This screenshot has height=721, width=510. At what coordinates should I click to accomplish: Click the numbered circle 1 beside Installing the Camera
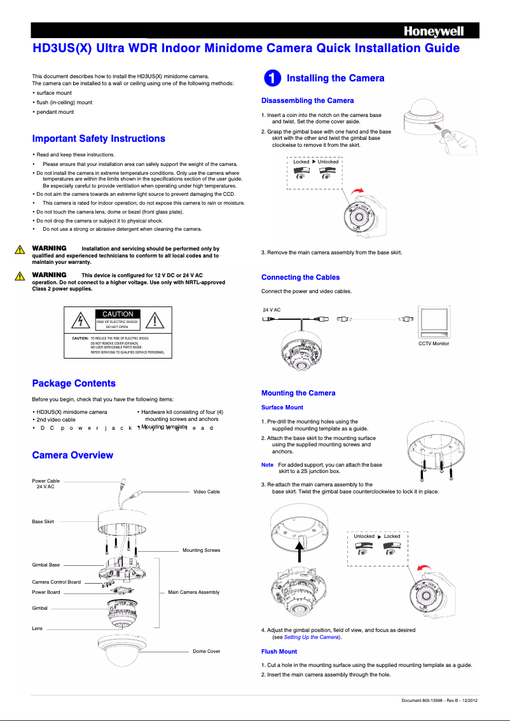click(x=271, y=78)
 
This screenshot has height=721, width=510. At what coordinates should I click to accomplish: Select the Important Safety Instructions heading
click(x=99, y=139)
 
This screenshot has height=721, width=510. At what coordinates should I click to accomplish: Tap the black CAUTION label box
click(x=118, y=313)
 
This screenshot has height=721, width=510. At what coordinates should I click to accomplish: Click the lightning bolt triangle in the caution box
click(x=80, y=320)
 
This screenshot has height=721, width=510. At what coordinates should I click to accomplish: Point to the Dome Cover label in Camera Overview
click(x=206, y=651)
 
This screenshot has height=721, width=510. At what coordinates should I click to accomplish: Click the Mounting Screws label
click(x=201, y=550)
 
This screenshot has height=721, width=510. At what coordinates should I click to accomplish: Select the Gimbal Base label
click(x=46, y=565)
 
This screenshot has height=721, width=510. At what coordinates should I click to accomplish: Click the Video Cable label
click(x=206, y=491)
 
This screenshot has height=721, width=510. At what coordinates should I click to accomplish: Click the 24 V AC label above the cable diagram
click(x=272, y=310)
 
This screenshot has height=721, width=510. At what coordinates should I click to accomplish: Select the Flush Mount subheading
click(x=279, y=652)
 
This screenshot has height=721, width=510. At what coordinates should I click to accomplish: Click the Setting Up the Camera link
click(x=312, y=637)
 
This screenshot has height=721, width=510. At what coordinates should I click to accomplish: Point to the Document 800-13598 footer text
click(x=439, y=701)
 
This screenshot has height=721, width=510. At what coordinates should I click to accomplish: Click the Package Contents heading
click(x=74, y=383)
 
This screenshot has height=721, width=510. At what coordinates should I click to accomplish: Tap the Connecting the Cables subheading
click(x=300, y=277)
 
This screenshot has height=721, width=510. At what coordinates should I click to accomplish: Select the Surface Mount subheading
click(x=282, y=408)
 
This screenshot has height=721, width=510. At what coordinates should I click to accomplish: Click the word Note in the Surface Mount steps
click(x=267, y=465)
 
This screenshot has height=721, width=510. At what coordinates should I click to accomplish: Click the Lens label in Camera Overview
click(x=38, y=628)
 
